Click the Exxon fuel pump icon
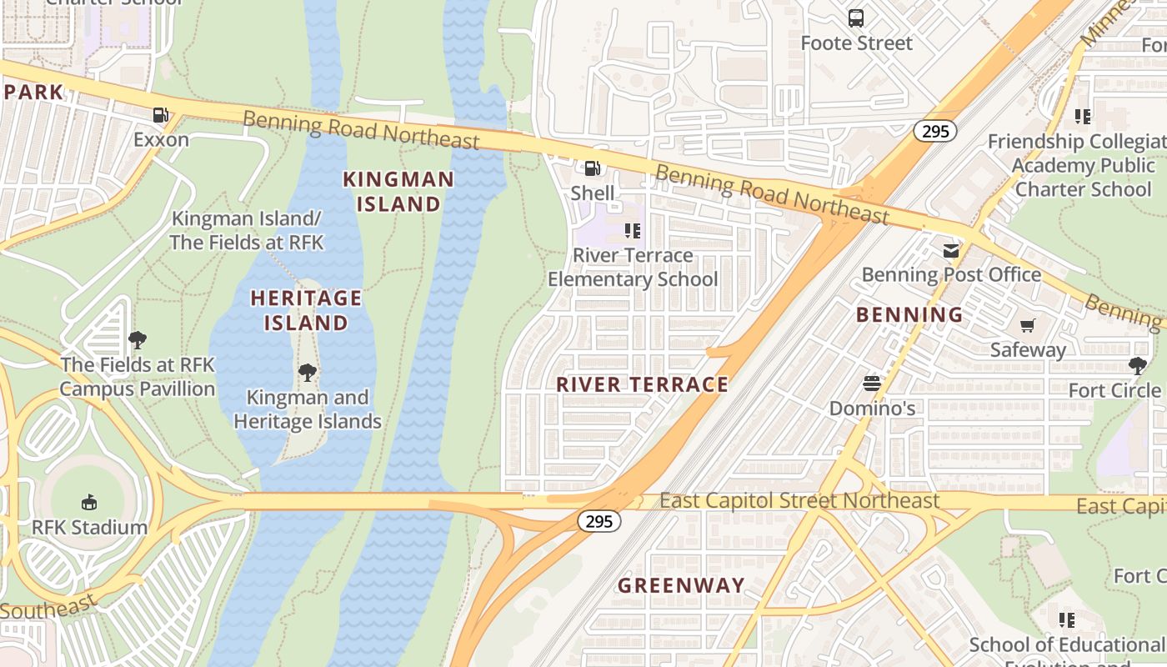pos(161,115)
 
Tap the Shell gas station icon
pos(592,168)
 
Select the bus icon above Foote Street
pos(856,18)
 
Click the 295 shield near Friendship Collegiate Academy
pos(934,131)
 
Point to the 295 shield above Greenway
pos(599,521)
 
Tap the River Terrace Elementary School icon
pos(633,230)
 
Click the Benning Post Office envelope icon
pos(950,250)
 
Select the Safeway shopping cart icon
pos(1028,325)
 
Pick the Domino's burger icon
pos(872,384)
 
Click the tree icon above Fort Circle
pos(1137,365)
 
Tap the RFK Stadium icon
pos(89,502)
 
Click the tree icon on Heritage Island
pos(308,372)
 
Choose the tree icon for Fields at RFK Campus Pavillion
pos(138,339)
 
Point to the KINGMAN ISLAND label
pos(398,192)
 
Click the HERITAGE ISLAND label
pos(306,310)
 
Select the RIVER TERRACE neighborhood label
pos(642,384)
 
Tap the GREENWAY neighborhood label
pos(681,585)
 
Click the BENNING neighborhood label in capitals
pos(909,314)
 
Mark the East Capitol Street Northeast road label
pos(799,500)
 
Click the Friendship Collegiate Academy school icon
pos(1083,117)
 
